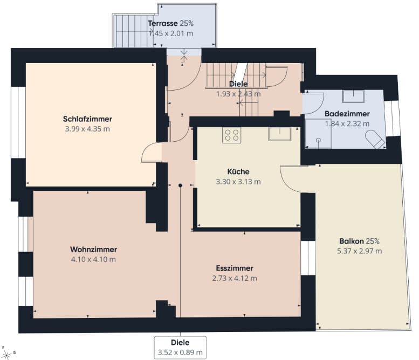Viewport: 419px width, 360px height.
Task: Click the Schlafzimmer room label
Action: (x=87, y=119)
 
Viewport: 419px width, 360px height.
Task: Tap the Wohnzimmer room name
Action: (x=93, y=250)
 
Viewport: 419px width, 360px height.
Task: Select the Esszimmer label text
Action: (x=235, y=268)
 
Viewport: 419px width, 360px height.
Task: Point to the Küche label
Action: (x=238, y=171)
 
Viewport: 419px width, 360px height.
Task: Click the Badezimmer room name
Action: (x=347, y=114)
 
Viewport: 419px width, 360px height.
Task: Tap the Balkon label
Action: (x=350, y=241)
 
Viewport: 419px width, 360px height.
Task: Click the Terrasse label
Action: (x=163, y=24)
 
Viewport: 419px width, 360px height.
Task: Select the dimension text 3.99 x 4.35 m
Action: (x=87, y=129)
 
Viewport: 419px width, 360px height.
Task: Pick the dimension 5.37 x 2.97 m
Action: (x=359, y=251)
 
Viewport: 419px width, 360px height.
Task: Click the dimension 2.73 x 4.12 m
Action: (x=235, y=278)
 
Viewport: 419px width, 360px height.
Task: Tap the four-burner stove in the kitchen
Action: (x=232, y=135)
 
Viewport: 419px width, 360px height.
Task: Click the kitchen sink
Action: (x=280, y=134)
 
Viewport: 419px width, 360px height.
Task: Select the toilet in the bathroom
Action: (x=375, y=139)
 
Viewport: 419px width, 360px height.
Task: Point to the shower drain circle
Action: (x=318, y=140)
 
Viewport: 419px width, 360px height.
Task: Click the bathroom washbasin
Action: (x=354, y=96)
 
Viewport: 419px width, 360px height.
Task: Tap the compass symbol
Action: (x=6, y=355)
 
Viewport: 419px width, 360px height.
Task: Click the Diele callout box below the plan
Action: (x=180, y=348)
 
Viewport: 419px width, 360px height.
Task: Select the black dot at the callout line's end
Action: (x=180, y=185)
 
